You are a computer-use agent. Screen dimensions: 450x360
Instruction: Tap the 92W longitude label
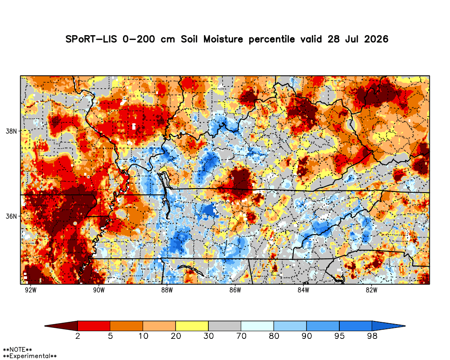coord(31,290)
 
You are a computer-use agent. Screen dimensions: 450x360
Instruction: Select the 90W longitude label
coord(99,290)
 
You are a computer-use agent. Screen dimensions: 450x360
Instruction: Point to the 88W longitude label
coord(167,290)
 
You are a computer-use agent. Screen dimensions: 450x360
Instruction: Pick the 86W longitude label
coord(235,290)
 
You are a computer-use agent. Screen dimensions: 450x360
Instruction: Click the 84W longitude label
coord(303,290)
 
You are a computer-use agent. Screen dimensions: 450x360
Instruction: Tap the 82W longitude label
coord(372,290)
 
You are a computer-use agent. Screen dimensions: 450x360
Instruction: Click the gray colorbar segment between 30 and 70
coord(225,326)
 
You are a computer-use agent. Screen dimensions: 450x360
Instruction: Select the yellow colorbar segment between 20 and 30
coord(192,326)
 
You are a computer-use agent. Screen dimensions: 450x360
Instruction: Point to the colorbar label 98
coord(372,336)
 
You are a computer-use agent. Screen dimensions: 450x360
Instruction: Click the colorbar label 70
coord(241,336)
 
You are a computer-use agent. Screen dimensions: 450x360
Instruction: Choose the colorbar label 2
coord(78,336)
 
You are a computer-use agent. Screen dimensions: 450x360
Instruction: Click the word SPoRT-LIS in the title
coord(91,39)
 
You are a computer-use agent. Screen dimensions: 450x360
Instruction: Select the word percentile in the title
coord(271,39)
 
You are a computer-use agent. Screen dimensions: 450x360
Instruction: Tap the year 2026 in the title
coord(376,39)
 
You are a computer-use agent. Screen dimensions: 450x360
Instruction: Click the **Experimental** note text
coord(30,356)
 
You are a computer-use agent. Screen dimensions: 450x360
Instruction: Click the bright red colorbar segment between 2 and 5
coord(94,326)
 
